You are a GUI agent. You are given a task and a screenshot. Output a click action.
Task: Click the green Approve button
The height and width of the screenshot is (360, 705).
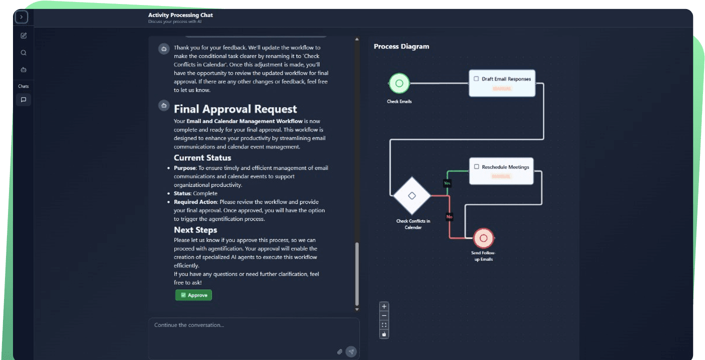coord(193,295)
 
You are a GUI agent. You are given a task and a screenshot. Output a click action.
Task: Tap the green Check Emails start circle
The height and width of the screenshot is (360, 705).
coord(399,83)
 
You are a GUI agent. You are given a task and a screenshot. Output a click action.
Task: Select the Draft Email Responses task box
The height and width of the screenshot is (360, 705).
coord(502,83)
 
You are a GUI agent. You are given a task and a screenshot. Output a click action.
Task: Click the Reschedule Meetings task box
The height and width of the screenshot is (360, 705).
coord(501,171)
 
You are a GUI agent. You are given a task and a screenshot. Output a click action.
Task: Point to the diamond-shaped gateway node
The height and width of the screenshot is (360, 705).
coord(411,195)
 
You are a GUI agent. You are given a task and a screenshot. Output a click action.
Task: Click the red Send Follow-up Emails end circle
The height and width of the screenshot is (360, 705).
coord(483,238)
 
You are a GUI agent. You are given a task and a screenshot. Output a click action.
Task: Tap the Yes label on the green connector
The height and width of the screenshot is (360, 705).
coord(447,183)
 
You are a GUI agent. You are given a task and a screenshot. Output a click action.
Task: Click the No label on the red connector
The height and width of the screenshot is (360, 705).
coord(449,217)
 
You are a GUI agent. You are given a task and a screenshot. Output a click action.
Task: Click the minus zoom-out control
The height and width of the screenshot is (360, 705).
coord(384,315)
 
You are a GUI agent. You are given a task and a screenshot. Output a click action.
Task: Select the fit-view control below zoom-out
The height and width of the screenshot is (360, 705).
coord(384,324)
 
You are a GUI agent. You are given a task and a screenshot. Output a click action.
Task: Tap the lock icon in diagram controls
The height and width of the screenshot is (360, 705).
coord(384,334)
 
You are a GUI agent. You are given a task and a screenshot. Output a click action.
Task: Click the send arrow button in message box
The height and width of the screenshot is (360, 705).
coord(351,352)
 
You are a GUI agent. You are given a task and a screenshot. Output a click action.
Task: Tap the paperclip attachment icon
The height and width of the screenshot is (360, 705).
coord(339,352)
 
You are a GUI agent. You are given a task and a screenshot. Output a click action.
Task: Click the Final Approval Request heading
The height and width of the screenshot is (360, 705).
coord(235,109)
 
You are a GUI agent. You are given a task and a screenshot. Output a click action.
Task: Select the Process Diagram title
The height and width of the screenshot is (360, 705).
coord(401,46)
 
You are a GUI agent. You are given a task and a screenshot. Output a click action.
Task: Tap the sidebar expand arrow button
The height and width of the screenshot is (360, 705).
coord(21,17)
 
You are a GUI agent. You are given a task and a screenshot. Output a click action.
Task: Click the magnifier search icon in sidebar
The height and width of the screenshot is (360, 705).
coord(23,52)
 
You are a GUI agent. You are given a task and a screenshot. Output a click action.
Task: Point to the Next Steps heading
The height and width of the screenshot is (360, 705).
coord(195,230)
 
